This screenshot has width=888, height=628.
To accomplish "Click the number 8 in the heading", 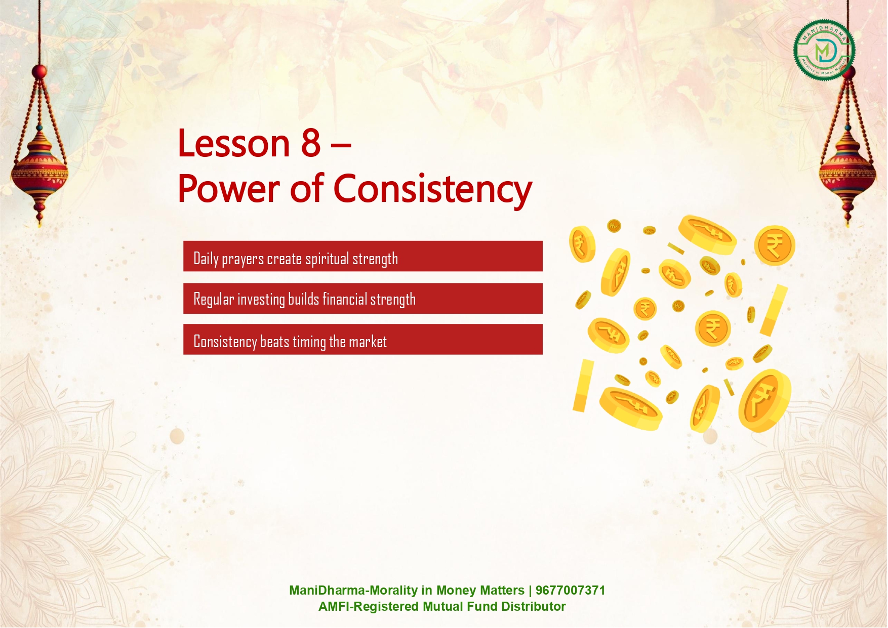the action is tap(311, 143).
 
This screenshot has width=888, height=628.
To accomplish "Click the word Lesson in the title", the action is tap(234, 143).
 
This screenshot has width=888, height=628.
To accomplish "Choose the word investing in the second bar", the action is tap(261, 300).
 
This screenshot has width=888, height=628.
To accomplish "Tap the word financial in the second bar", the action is tap(345, 299).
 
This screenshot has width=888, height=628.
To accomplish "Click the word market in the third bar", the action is tap(368, 342).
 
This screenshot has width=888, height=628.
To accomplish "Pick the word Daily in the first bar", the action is tap(206, 259).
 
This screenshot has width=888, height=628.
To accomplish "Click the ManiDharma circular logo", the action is tap(824, 50).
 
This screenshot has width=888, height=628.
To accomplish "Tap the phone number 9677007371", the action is tap(570, 591).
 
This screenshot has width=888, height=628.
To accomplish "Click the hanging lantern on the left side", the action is tap(39, 152).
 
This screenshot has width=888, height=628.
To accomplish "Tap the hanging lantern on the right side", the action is tap(847, 152).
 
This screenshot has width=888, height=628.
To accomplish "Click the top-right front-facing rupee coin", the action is tap(775, 245).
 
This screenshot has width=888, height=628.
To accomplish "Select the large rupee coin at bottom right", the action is tap(764, 400).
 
